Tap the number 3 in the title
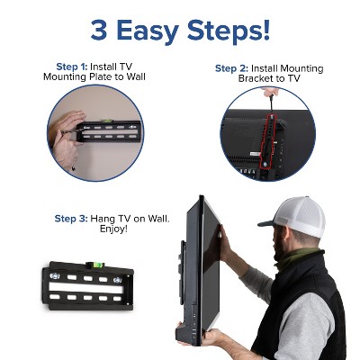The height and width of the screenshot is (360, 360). pyautogui.click(x=100, y=30)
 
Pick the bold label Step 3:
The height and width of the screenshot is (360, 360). pyautogui.click(x=73, y=219)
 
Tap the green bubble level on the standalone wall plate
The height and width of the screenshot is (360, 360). pyautogui.click(x=90, y=264)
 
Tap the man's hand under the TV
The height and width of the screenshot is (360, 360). pyautogui.click(x=217, y=337)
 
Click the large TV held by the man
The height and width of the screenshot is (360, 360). pyautogui.click(x=200, y=270)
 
